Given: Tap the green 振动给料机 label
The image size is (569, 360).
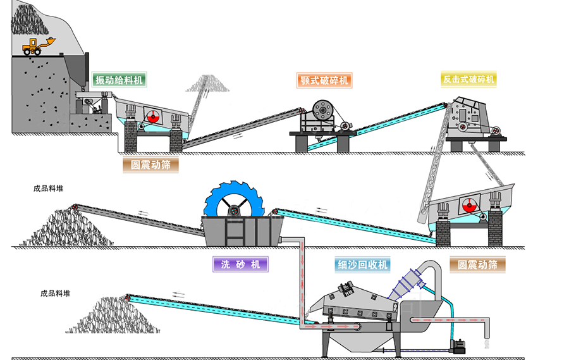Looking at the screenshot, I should coord(119,80).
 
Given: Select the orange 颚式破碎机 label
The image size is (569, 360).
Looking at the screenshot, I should coord(324,80).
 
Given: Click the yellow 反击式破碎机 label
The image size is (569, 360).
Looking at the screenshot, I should coord(468,79).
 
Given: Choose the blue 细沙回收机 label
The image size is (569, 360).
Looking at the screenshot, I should coord(362,264).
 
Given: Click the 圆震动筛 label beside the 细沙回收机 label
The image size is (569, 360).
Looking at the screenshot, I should coord(477,264).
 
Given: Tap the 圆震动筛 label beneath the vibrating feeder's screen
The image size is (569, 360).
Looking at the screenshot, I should coord(150,165).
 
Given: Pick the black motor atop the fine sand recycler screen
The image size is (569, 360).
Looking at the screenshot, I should coord(346,289).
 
